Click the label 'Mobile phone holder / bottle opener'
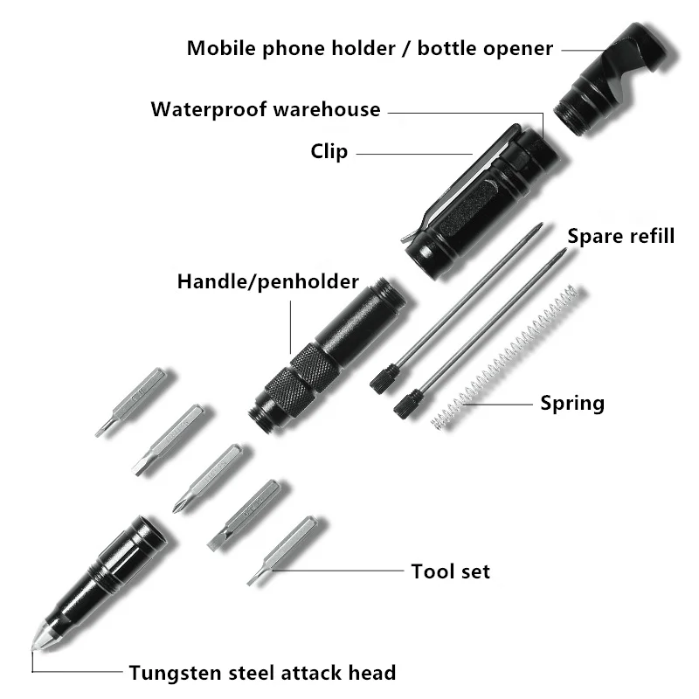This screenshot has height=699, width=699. coord(370,48)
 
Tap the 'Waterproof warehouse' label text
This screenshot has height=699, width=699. coord(266,110)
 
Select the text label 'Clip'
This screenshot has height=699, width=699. coord(329,152)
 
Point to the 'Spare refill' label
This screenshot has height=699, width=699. coord(621,236)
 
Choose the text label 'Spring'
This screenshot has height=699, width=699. coord(572,404)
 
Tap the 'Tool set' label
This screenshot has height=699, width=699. coord(450,571)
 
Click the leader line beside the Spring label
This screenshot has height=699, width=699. coord(498,405)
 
